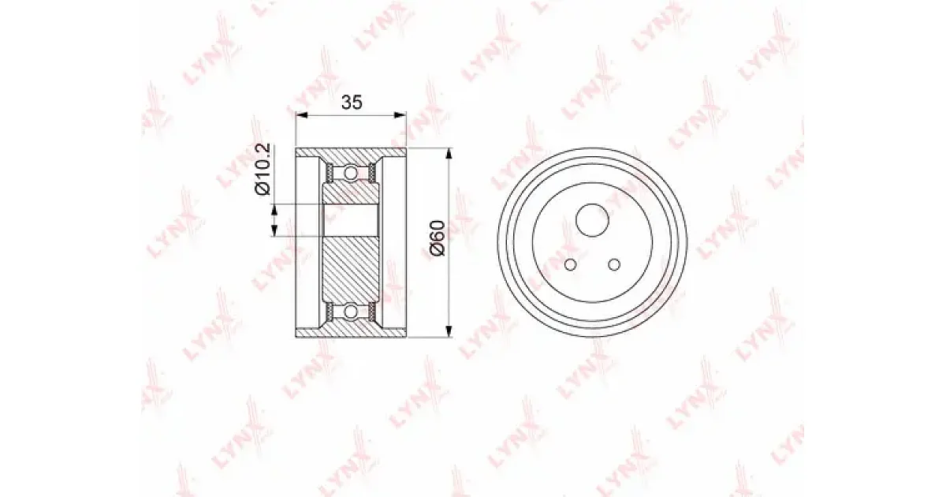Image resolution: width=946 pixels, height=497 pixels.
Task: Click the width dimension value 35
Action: (x=352, y=103)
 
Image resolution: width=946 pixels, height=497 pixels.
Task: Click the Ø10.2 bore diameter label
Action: (x=263, y=170)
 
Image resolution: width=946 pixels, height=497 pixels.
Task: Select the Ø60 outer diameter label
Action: (x=437, y=238)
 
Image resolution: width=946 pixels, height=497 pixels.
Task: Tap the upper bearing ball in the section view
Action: (x=350, y=173)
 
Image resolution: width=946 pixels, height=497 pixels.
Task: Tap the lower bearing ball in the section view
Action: (x=350, y=312)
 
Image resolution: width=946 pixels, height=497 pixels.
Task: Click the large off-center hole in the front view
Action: (x=592, y=220)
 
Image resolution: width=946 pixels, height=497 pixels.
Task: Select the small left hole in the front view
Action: (x=570, y=265)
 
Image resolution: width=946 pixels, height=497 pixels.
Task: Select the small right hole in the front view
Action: (x=614, y=265)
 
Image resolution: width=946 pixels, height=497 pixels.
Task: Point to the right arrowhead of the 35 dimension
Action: (x=400, y=114)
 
